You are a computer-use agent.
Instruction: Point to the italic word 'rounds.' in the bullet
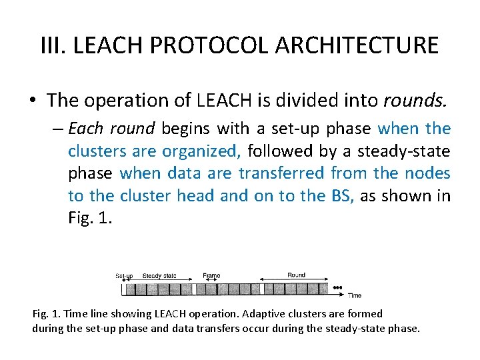416,101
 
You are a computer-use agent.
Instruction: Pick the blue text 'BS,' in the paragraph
342,195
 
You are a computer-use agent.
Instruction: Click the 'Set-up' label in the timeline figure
125,276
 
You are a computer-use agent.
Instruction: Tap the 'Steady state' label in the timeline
159,276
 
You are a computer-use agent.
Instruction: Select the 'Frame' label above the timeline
211,276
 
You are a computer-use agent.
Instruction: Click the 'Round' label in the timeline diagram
296,275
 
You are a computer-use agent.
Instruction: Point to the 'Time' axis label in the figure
355,295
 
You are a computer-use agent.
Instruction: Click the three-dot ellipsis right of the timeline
337,288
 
